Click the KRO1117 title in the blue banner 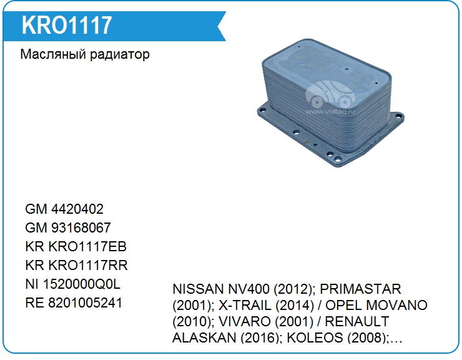pyautogui.click(x=67, y=25)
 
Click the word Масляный pyautogui.click(x=53, y=54)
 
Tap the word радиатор pyautogui.click(x=120, y=55)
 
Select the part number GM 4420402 pyautogui.click(x=64, y=209)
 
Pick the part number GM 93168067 pyautogui.click(x=68, y=227)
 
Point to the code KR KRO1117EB pyautogui.click(x=76, y=247)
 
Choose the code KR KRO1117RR pyautogui.click(x=76, y=265)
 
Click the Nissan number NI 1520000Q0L pyautogui.click(x=73, y=284)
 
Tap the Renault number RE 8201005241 pyautogui.click(x=74, y=302)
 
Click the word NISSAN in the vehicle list pyautogui.click(x=199, y=289)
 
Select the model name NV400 pyautogui.click(x=248, y=289)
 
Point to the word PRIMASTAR pyautogui.click(x=360, y=289)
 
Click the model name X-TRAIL pyautogui.click(x=245, y=306)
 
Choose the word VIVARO pyautogui.click(x=245, y=322)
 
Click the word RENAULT pyautogui.click(x=357, y=322)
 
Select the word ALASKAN pyautogui.click(x=204, y=338)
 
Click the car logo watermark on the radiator pyautogui.click(x=330, y=96)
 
